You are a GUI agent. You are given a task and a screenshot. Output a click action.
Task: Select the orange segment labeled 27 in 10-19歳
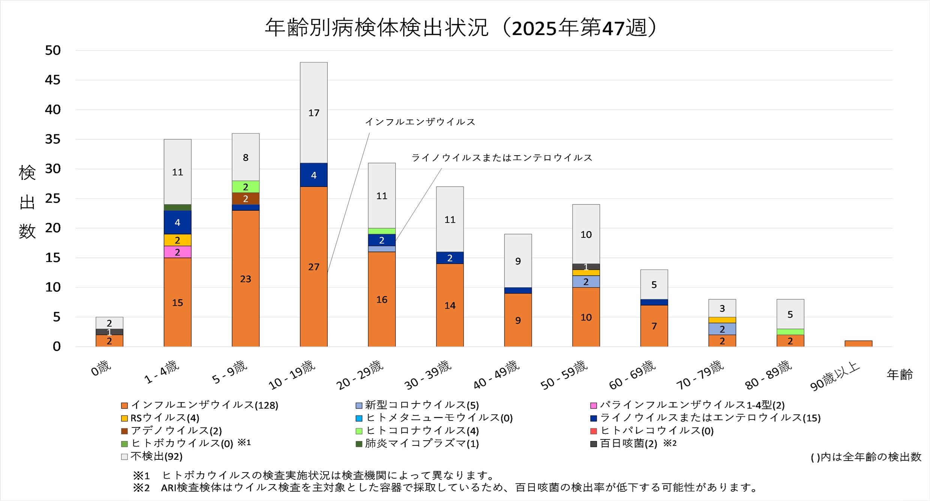coord(313,266)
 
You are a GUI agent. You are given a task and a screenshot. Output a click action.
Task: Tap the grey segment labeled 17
coord(313,112)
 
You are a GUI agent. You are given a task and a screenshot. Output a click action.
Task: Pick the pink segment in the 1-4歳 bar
coord(177,252)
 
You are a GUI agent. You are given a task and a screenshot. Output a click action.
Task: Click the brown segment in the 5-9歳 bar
coord(246,198)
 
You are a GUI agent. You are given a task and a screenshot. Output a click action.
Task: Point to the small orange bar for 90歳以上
coord(858,343)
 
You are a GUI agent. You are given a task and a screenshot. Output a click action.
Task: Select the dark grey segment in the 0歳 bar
coord(109,332)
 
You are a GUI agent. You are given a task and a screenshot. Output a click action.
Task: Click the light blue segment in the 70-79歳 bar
coord(722,329)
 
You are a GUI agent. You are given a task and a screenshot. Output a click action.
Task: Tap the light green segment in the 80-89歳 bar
coord(790,332)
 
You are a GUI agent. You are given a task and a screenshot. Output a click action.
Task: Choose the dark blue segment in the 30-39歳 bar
coord(450,258)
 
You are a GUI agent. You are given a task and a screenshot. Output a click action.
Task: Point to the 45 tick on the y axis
coord(52,80)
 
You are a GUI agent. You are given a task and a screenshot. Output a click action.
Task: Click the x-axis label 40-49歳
coord(496,374)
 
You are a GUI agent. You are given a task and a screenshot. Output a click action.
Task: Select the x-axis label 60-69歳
coord(632,374)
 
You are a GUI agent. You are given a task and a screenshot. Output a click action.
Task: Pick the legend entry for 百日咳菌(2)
coord(628,443)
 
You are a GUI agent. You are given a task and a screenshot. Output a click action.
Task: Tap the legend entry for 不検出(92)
coord(156,456)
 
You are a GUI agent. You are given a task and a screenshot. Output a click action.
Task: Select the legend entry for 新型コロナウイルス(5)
coord(421,405)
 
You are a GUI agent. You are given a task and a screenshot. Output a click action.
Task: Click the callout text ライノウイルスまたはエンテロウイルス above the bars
coord(502,157)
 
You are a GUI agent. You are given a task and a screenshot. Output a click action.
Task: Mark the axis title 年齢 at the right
coord(899,374)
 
